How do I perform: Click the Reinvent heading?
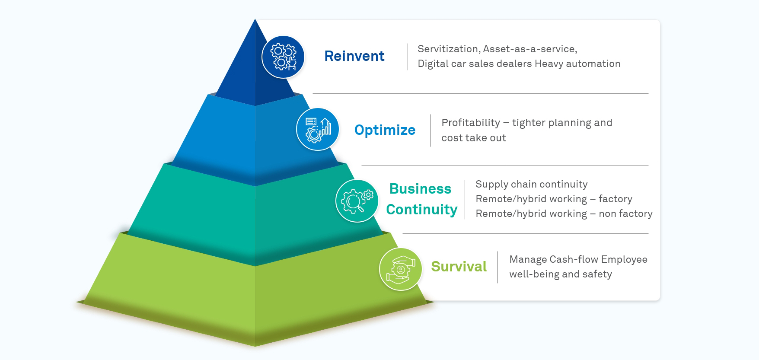[354, 56]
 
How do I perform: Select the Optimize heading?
[385, 130]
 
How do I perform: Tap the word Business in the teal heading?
[420, 189]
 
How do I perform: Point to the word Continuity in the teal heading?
[421, 210]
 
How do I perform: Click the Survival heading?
[459, 267]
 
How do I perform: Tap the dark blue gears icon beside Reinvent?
[283, 57]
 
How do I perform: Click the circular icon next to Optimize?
[318, 129]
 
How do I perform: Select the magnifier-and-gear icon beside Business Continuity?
[357, 201]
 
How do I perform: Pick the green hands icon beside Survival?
[401, 269]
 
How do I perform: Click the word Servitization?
[448, 49]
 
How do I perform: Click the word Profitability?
[470, 123]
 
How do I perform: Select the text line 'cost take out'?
[473, 138]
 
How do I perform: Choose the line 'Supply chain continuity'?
[531, 184]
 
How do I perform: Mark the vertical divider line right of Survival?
[497, 267]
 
